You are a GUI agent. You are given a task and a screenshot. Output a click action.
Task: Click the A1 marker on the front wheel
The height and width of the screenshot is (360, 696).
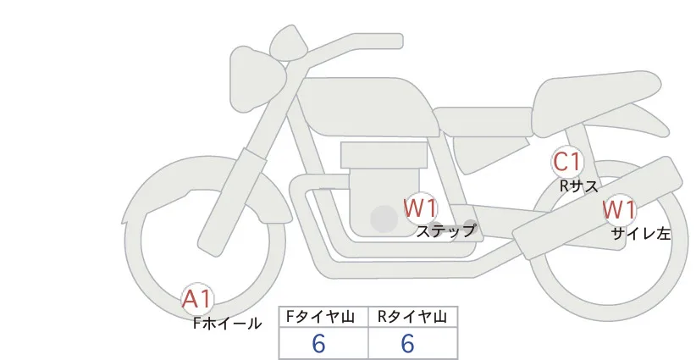[x=197, y=299]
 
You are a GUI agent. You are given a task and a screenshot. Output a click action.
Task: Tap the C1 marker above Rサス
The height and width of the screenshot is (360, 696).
[x=567, y=162]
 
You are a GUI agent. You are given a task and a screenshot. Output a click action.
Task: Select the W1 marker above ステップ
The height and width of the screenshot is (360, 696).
[x=420, y=208]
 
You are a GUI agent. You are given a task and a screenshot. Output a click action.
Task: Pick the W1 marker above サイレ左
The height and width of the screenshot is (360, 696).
[x=619, y=210]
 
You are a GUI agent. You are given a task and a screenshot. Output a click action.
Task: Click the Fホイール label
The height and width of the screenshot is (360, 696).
[x=227, y=324]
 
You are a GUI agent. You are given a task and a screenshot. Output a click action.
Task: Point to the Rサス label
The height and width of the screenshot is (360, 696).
[x=579, y=186]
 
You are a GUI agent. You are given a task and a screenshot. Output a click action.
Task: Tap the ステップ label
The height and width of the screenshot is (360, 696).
[x=445, y=231]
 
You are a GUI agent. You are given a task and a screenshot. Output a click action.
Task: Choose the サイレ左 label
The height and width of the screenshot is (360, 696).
[x=641, y=234]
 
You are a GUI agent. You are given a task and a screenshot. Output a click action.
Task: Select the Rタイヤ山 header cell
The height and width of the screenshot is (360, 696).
[x=413, y=317]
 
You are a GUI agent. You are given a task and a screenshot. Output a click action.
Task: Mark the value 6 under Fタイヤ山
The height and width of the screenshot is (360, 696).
[x=318, y=344]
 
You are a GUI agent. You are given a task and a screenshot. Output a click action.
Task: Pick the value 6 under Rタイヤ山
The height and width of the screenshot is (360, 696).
[x=407, y=344]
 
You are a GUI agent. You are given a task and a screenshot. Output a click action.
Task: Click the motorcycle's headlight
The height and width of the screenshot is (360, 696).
[x=257, y=79]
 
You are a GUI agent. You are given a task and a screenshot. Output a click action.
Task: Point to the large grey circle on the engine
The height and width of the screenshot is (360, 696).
[x=384, y=219]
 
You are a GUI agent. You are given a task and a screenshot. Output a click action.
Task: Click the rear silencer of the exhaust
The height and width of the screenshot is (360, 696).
[x=598, y=208]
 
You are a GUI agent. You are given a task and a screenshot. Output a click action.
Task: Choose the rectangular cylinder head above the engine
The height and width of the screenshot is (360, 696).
[x=384, y=155]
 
